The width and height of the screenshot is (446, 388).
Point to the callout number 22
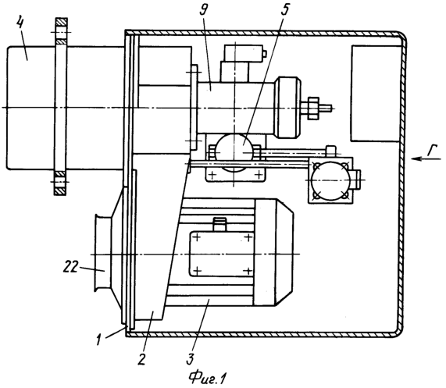tap(70, 268)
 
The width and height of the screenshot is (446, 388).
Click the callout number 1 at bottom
tap(98, 340)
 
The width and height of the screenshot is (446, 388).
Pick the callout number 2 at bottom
tap(141, 358)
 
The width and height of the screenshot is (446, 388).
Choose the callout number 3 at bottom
tap(191, 358)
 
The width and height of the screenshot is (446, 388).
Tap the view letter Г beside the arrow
tap(434, 150)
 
